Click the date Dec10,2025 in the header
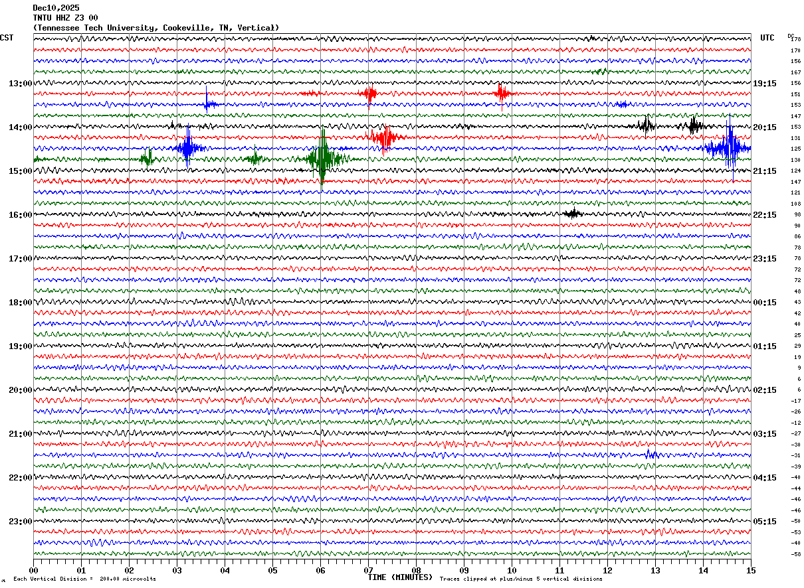click(56, 8)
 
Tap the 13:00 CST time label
click(20, 84)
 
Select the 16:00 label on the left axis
click(20, 215)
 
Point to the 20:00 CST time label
click(20, 390)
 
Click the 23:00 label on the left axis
click(20, 522)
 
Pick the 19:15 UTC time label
click(765, 84)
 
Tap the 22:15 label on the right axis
click(765, 215)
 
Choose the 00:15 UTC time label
click(765, 303)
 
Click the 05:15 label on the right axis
click(765, 522)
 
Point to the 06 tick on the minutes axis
click(320, 570)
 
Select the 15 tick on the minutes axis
click(751, 570)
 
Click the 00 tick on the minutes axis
click(33, 570)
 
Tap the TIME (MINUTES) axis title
click(400, 577)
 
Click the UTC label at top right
click(767, 38)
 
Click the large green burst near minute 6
click(322, 158)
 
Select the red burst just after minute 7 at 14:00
click(385, 137)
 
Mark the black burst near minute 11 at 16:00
click(572, 214)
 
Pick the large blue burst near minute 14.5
click(729, 148)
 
